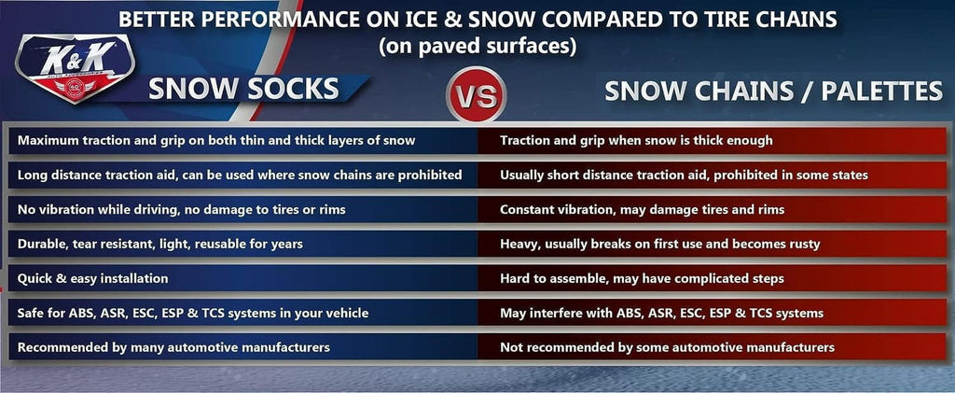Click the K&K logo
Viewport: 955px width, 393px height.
(76, 69)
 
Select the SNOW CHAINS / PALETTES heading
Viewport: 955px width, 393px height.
(773, 91)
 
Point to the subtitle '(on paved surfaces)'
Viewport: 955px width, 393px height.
(477, 44)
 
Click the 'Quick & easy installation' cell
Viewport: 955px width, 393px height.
(92, 278)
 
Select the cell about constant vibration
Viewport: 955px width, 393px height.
(642, 209)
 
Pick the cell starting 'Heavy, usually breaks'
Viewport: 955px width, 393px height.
(659, 244)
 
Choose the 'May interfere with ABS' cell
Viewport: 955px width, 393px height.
(661, 313)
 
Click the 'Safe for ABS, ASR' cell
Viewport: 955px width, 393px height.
(193, 313)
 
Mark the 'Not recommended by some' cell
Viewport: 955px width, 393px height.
(667, 347)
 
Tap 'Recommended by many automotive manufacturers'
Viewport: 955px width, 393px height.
(173, 347)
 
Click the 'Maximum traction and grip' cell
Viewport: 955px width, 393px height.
(216, 140)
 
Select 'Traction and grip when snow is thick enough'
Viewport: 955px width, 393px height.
(636, 140)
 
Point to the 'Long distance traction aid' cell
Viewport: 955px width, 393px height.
(240, 175)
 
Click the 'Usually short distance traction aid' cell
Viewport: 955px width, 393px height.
(684, 175)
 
